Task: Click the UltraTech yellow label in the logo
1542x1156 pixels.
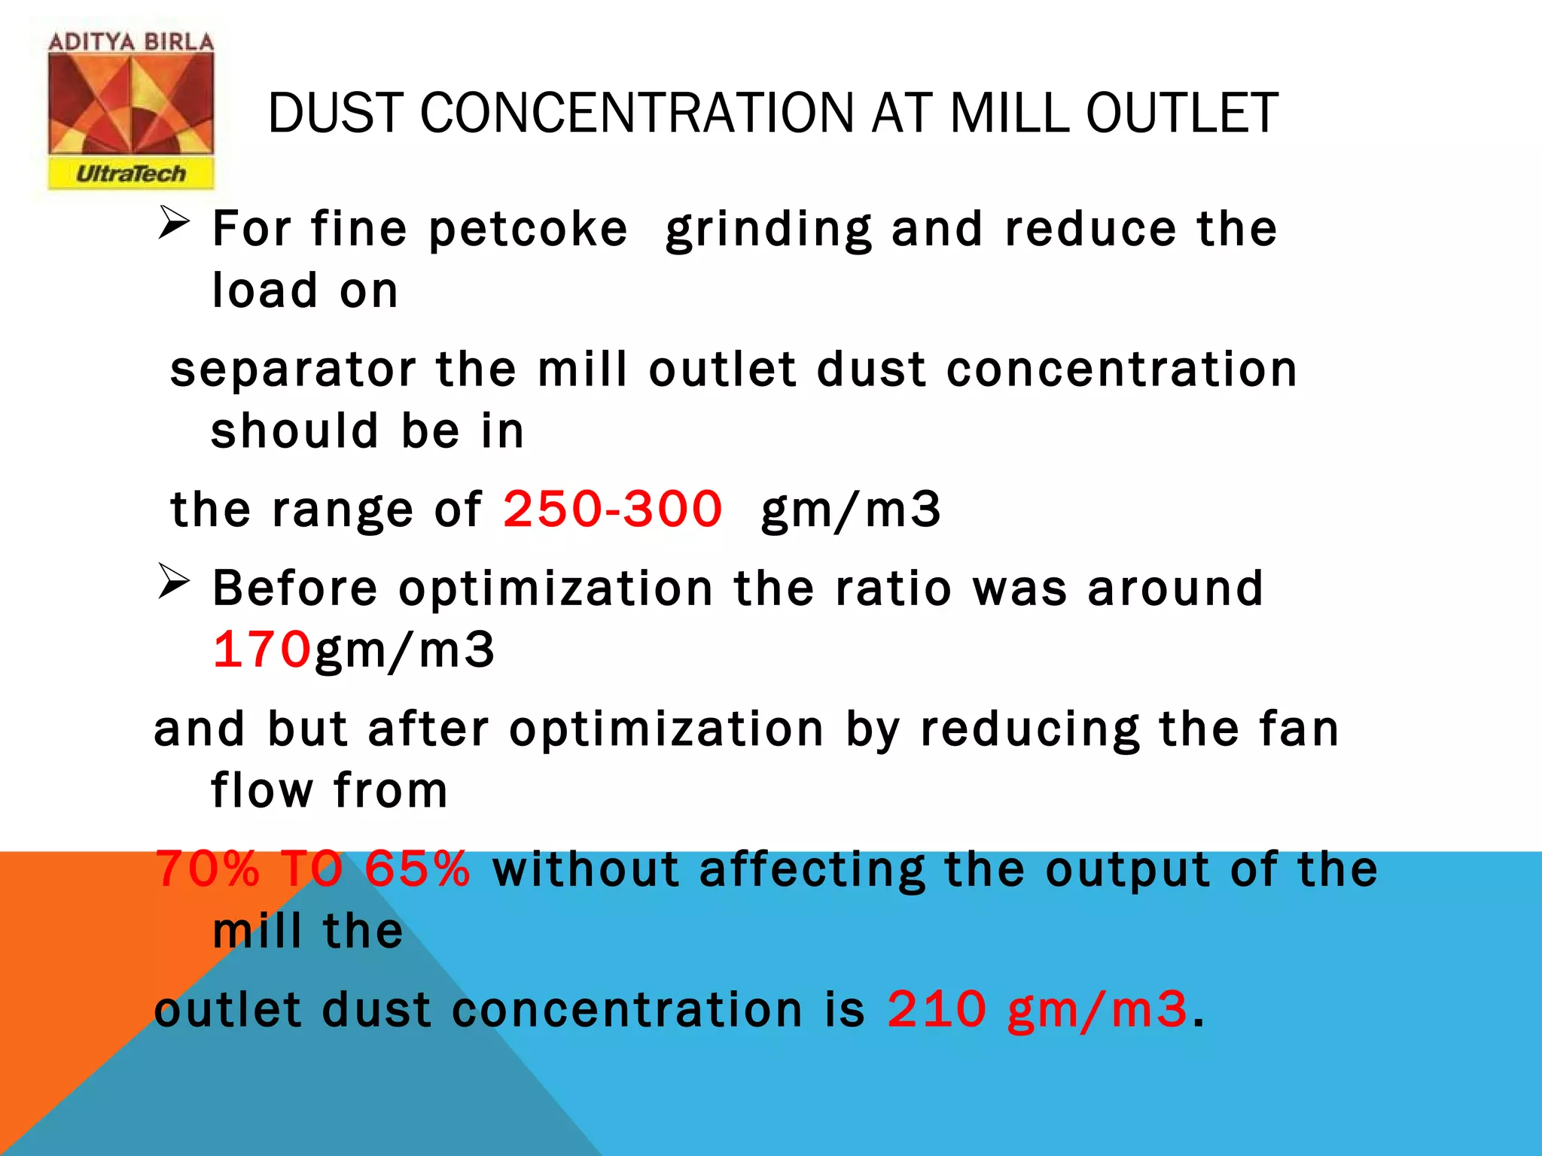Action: click(x=131, y=174)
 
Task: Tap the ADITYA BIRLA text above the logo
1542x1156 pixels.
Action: click(x=131, y=42)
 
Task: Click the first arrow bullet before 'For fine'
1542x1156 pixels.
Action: click(x=173, y=224)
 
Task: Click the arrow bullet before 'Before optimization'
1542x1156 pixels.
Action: click(x=173, y=583)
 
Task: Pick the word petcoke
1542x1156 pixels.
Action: click(x=528, y=229)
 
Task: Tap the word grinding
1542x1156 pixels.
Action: click(x=769, y=230)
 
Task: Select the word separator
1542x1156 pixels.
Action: click(x=293, y=370)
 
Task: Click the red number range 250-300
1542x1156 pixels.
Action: click(x=612, y=509)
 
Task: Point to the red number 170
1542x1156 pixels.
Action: click(x=261, y=649)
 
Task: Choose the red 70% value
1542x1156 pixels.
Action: click(x=206, y=869)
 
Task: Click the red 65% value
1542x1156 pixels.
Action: click(x=417, y=869)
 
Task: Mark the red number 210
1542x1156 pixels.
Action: click(x=936, y=1009)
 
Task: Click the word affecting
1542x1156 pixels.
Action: click(x=812, y=870)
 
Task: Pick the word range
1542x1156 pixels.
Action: click(x=342, y=510)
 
